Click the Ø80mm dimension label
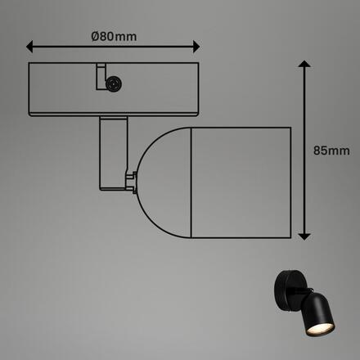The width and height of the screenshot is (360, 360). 113,35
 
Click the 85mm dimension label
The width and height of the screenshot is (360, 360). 332,151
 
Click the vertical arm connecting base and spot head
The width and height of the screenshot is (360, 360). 112,151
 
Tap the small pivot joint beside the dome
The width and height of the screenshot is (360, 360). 130,177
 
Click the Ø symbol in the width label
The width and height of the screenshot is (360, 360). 95,35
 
